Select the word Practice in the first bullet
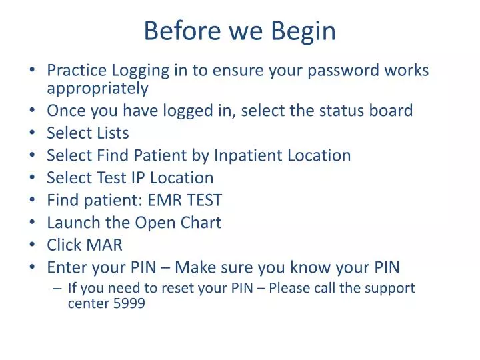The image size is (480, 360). coord(76,70)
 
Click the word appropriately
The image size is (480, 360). coord(97,87)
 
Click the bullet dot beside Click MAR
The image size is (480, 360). coord(33,245)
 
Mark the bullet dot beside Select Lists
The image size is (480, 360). coord(33,133)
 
